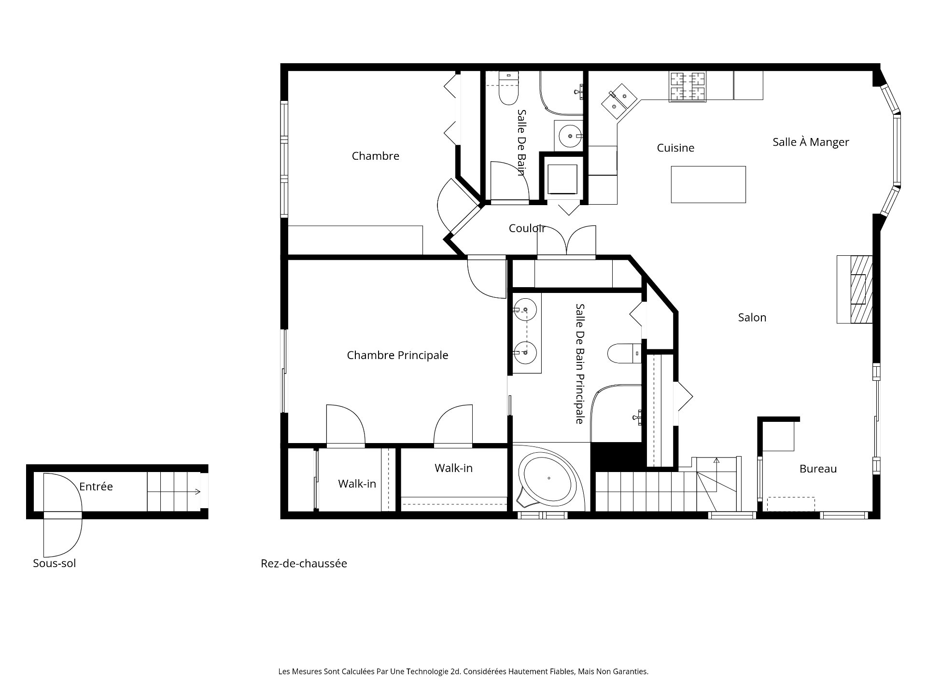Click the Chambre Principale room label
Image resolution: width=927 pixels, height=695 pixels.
pos(397,355)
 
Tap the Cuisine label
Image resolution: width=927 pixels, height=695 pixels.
pos(675,148)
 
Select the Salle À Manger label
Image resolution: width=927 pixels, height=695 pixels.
pos(811,142)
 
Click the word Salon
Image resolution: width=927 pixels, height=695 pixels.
pos(752,318)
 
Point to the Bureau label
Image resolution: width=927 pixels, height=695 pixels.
pos(818,469)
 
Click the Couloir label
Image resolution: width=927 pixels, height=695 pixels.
pos(527,228)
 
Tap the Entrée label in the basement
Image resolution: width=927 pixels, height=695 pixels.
pos(96,486)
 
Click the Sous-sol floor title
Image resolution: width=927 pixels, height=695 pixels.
pos(54,563)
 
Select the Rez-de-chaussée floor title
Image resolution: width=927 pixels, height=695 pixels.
pos(304,564)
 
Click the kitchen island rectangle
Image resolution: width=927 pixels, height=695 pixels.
pos(708,184)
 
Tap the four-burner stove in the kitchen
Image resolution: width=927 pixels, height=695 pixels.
pos(687,86)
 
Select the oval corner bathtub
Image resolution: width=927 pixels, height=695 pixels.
pos(549,478)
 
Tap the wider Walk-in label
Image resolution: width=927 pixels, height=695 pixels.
pos(453,468)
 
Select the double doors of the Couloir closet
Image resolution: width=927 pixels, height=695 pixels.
pos(566,241)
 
